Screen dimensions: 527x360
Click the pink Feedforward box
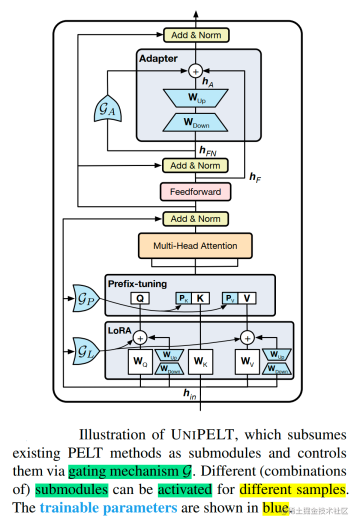195,192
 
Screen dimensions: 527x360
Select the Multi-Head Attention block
195,246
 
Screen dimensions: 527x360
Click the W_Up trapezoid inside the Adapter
196,98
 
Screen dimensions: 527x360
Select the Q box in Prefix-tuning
140,298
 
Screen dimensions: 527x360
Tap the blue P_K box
183,298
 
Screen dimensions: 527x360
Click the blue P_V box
229,298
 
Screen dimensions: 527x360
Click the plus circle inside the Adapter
195,71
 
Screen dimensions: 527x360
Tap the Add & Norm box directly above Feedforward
195,165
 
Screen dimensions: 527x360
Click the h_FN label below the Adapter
208,150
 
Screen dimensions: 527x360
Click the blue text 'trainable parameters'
108,508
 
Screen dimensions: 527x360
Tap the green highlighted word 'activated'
184,489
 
